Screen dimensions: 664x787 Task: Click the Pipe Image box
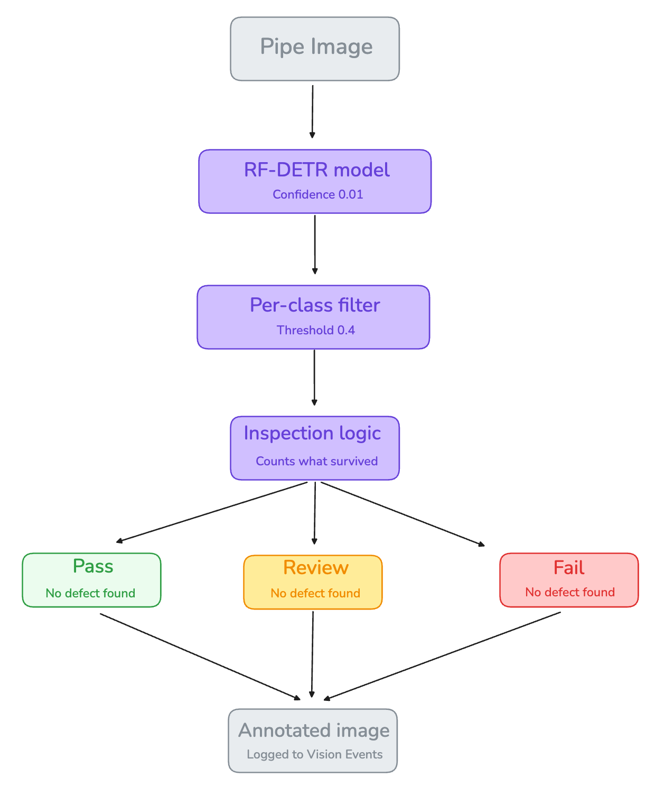[x=314, y=49]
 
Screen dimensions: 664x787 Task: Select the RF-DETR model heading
[x=316, y=170]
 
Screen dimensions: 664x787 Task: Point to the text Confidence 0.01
[x=317, y=194]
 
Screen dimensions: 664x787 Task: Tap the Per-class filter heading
[x=314, y=305]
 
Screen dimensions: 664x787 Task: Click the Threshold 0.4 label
[x=315, y=330]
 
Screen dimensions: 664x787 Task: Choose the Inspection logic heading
[x=312, y=434]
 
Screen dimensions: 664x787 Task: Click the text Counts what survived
[x=316, y=461]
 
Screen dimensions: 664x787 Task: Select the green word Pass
[x=93, y=566]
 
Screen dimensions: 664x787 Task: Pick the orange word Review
[x=315, y=568]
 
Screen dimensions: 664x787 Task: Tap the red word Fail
[x=568, y=568]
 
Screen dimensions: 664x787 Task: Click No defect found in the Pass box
[x=90, y=593]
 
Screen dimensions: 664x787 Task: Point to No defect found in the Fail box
[x=570, y=592]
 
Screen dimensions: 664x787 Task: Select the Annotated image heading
[x=314, y=730]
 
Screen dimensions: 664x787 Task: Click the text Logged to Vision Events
[x=314, y=754]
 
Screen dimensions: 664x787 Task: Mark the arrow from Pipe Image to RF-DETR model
[x=312, y=111]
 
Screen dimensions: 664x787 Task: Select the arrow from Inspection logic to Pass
[x=211, y=512]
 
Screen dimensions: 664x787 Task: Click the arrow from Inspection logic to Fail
[x=403, y=514]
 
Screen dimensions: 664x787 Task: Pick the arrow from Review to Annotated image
[x=312, y=654]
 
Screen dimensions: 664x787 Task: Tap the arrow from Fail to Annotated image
[x=442, y=656]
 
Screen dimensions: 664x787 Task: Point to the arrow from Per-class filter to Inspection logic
[x=314, y=378]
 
